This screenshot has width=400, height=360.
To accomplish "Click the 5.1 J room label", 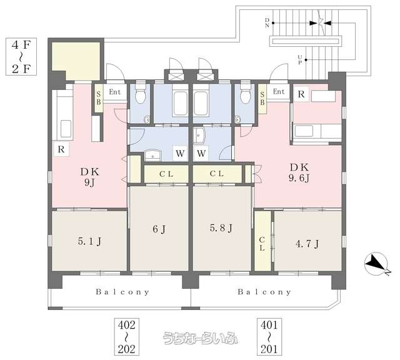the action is tap(89, 241).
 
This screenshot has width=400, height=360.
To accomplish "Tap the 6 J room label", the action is tap(159, 229).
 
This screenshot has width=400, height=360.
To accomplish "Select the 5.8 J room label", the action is tap(221, 228).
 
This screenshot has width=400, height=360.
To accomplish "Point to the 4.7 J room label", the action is tap(307, 244).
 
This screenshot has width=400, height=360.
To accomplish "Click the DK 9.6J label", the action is tap(299, 172).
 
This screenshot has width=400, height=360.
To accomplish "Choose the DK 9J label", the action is tap(89, 177).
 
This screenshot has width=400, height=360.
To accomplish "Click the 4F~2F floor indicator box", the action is tap(21, 57).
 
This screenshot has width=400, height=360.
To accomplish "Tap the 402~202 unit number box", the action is tap(126, 337).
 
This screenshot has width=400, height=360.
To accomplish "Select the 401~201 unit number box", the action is tap(269, 337).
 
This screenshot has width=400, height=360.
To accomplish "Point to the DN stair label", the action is tap(267, 22).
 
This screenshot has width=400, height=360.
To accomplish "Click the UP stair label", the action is tap(300, 60).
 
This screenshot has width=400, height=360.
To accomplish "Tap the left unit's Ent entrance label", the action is tap(115, 92).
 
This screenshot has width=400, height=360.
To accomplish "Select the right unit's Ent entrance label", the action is tap(279, 91).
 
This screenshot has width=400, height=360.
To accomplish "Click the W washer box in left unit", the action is tap(180, 153).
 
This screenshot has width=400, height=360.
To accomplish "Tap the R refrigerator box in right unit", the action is tap(301, 94).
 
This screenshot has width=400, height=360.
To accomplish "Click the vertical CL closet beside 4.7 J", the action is tap(262, 241).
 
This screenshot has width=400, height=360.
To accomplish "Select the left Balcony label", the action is tap(122, 292).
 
